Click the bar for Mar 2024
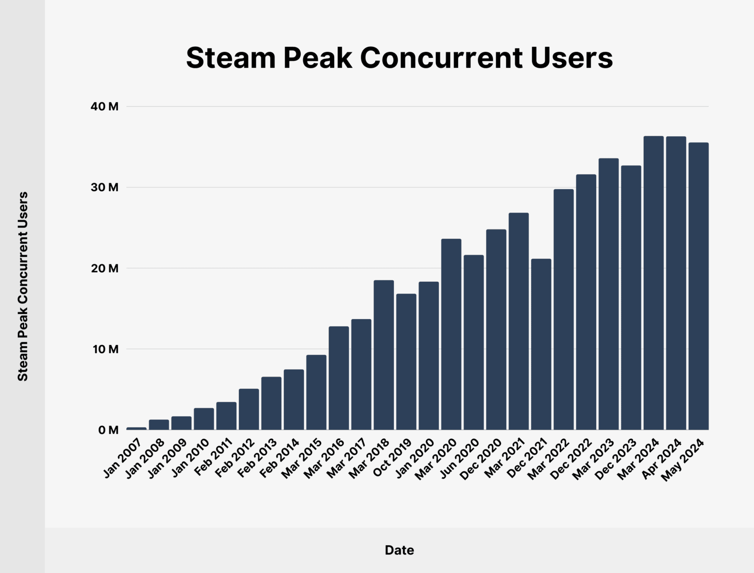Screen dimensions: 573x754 pos(654,283)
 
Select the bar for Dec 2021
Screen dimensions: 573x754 pos(541,344)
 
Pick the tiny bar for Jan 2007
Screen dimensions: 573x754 pos(137,428)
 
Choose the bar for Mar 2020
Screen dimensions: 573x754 pos(451,334)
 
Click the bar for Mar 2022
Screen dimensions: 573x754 pos(564,309)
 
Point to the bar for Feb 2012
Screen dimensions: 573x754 pos(249,409)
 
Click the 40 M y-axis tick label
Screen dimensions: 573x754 pos(105,106)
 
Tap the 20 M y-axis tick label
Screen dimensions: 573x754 pos(105,269)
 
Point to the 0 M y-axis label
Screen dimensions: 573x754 pos(108,430)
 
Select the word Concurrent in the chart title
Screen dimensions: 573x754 pos(442,58)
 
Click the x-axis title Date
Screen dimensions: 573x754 pos(399,550)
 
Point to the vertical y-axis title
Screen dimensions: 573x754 pos(23,286)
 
